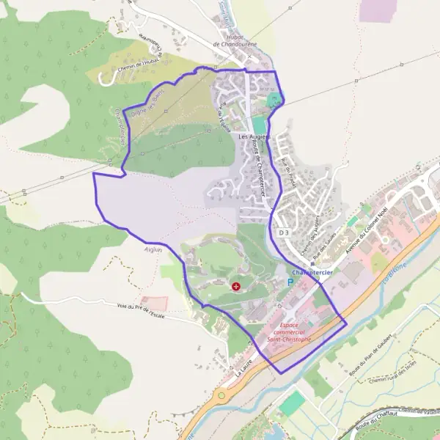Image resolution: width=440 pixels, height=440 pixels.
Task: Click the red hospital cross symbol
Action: coord(235,285)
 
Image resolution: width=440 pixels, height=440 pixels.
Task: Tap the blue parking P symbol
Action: coord(290,281)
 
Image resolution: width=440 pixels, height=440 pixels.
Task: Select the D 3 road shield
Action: coord(285,232)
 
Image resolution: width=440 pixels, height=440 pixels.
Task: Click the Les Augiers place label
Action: coord(254,136)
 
